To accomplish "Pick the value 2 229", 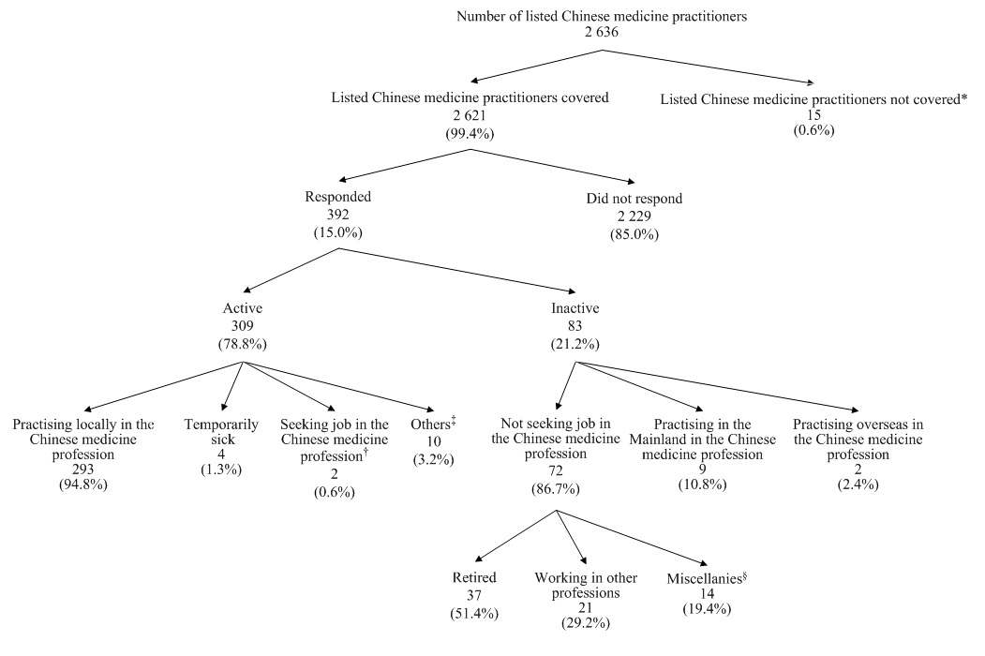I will pos(632,216).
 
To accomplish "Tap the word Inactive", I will pos(575,307).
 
